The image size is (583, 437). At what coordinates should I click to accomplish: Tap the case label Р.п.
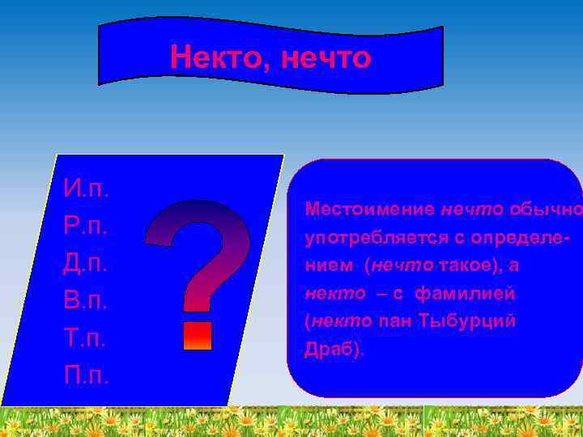point(87,227)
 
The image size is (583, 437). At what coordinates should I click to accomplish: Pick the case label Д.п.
point(87,265)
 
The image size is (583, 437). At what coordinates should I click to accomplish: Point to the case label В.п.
point(87,302)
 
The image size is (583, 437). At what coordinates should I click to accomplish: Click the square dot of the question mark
point(198,335)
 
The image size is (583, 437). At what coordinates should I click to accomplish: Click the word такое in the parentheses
point(467,265)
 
